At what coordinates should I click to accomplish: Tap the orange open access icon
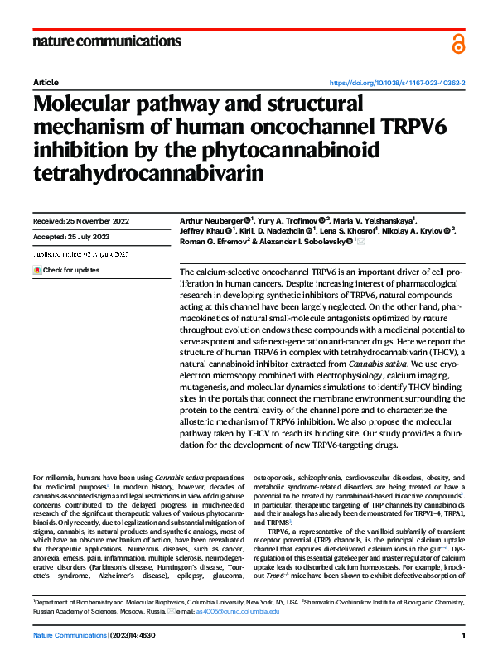point(458,42)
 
